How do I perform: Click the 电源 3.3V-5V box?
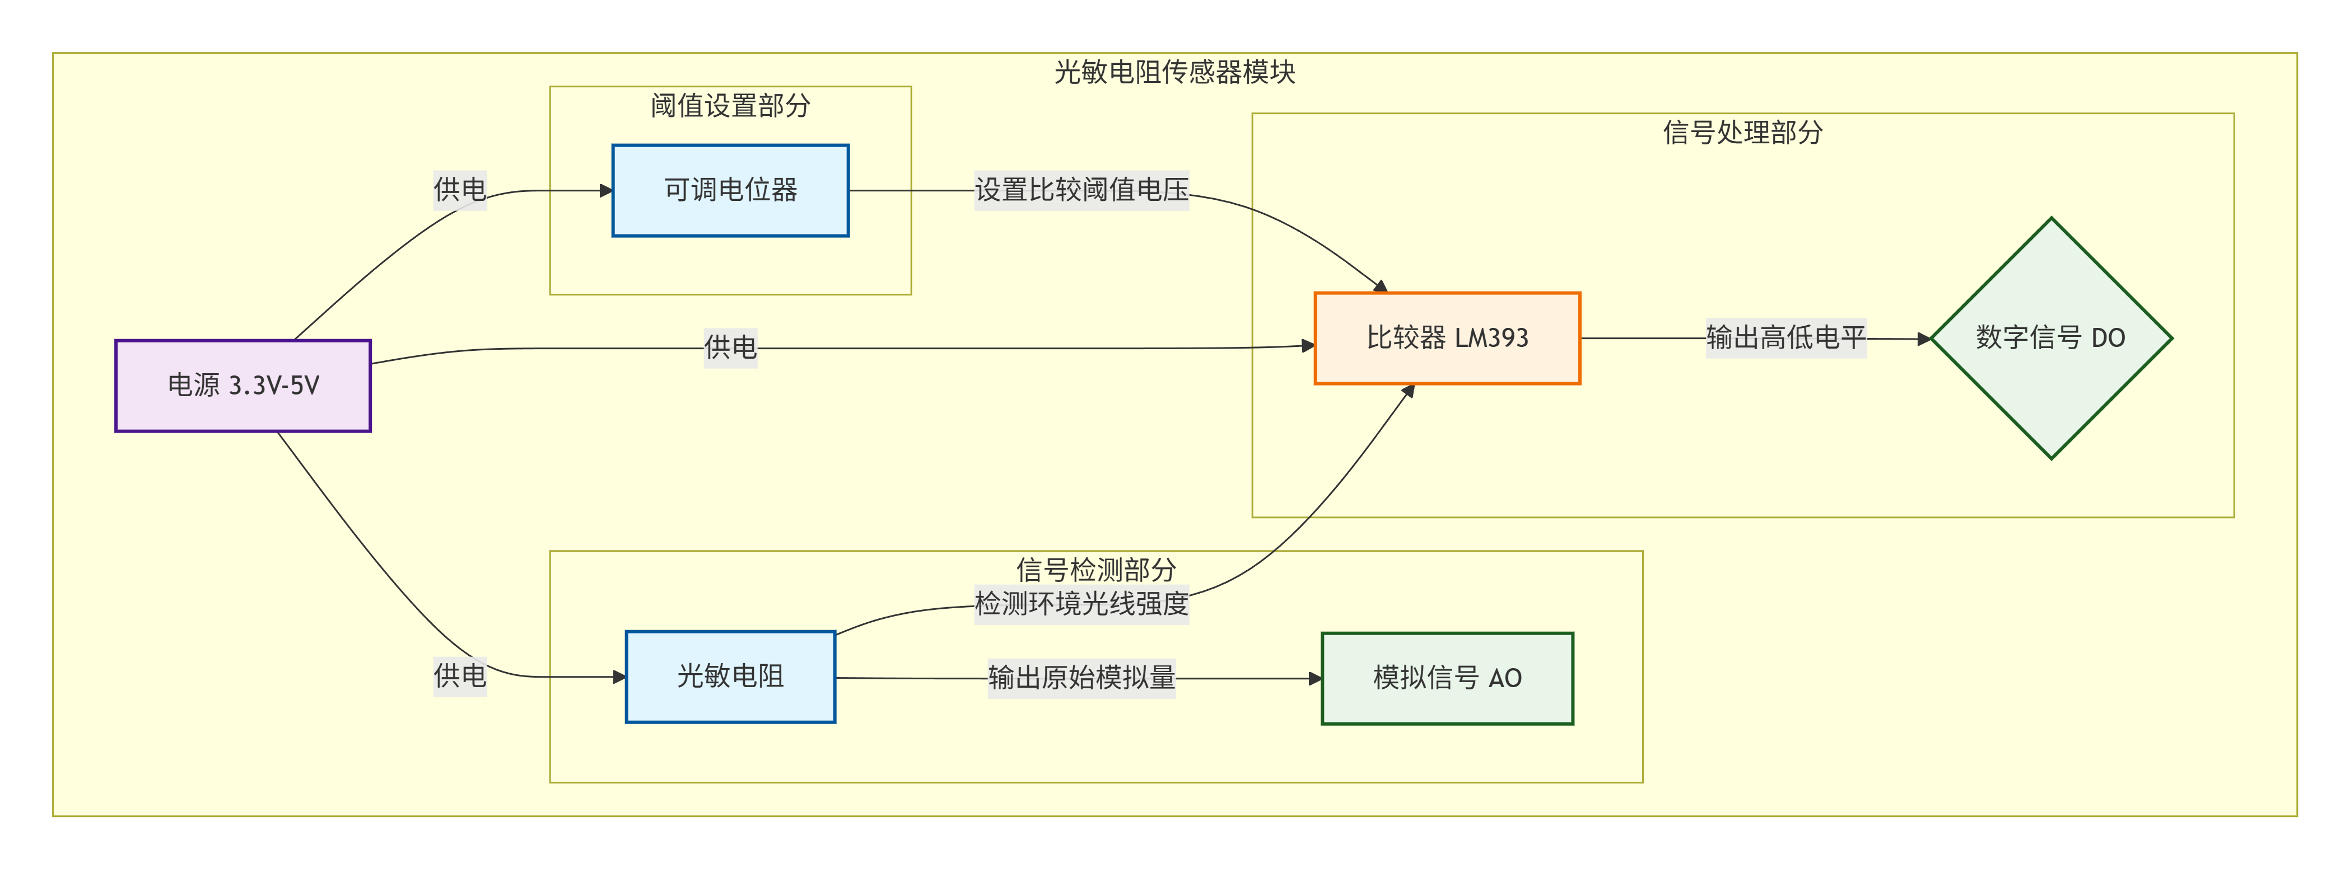[x=243, y=386]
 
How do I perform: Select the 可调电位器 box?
[x=730, y=191]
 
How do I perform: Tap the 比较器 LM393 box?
[x=1447, y=339]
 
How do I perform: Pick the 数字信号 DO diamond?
[x=2051, y=339]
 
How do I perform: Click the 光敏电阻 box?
[x=730, y=677]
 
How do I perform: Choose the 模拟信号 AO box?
[x=1447, y=678]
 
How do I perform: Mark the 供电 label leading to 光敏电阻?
[x=460, y=677]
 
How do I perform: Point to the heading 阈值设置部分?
[x=730, y=106]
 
